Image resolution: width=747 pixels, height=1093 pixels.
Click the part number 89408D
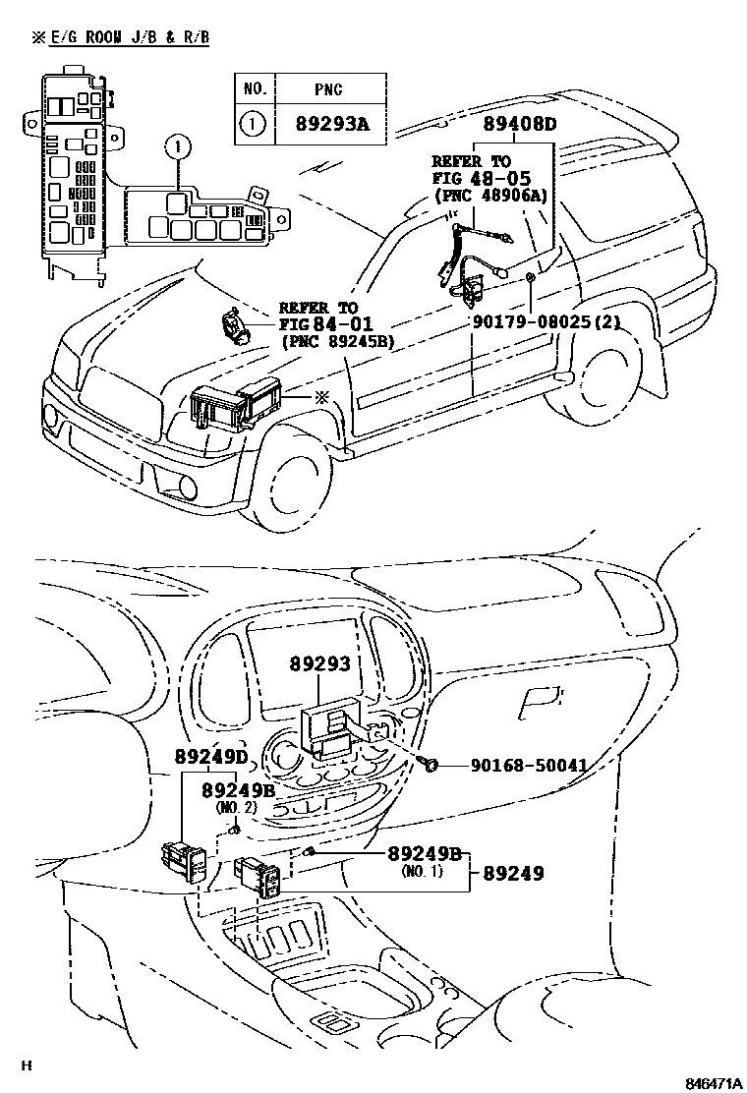519,125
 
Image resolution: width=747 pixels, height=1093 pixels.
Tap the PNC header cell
328,88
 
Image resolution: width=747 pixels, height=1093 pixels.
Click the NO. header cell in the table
255,88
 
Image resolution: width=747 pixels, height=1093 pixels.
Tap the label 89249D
211,757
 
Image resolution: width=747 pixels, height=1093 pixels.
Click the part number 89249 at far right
513,872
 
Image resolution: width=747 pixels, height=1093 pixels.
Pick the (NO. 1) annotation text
423,871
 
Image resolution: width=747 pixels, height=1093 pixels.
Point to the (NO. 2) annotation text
236,807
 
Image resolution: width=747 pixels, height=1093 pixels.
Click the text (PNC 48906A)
489,196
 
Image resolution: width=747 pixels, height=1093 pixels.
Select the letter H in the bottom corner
28,1064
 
